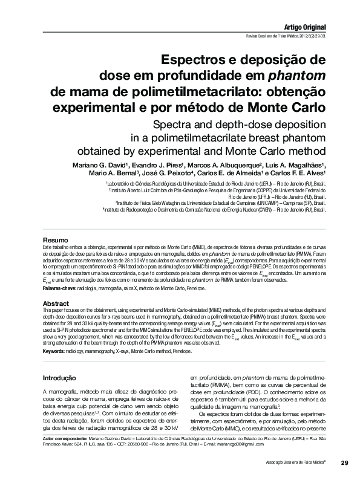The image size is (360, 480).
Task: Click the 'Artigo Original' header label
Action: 305,27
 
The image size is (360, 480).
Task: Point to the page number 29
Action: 344,462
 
